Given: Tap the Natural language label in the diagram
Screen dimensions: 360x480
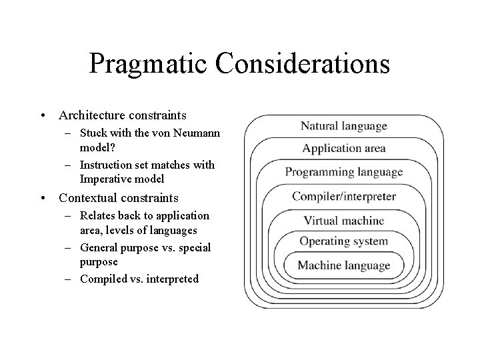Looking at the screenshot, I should [x=344, y=125].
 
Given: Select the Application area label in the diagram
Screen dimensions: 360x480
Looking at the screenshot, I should [x=344, y=148].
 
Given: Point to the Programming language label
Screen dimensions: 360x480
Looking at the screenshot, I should [x=344, y=172].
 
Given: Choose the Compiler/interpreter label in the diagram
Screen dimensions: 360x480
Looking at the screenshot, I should [x=344, y=197].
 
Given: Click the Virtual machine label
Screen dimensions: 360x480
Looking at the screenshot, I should [x=344, y=220].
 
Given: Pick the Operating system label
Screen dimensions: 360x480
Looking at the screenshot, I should [x=344, y=241].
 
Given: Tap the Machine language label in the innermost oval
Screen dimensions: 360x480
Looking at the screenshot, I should [x=344, y=265].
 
